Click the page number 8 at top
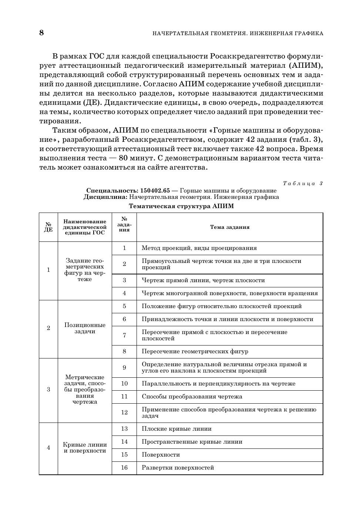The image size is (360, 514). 41,33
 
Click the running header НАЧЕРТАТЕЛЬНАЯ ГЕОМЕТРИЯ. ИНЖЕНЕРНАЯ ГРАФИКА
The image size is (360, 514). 238,34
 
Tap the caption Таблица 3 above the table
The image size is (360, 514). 303,183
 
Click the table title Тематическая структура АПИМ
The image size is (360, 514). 181,206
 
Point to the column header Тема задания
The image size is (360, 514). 230,227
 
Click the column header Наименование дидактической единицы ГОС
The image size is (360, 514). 85,227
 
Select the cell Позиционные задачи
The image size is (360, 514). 85,328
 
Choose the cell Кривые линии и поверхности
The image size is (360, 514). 85,448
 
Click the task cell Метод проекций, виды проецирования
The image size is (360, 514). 199,248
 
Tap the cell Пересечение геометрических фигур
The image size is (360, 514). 195,351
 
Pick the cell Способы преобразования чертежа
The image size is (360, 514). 192,397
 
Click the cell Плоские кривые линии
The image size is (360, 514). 176,429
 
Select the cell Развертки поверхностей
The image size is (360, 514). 178,468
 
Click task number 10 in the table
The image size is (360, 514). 124,384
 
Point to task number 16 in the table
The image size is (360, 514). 124,468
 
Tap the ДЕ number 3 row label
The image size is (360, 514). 48,390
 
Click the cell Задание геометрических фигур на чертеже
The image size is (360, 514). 85,270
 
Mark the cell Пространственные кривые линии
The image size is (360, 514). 192,442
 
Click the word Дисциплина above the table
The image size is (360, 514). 105,197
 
